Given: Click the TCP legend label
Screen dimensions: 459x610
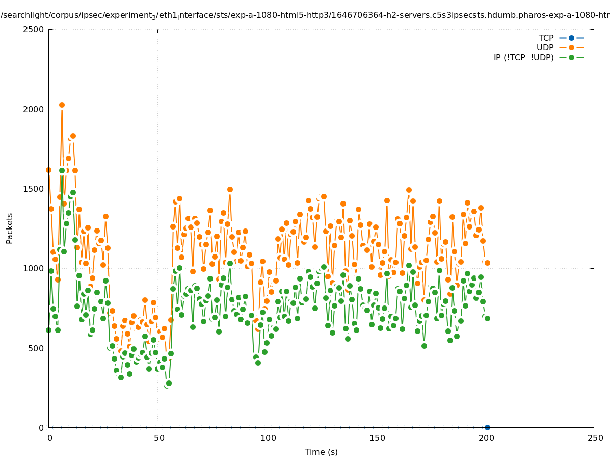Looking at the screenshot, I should coord(546,38).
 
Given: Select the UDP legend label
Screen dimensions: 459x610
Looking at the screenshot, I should coord(545,47).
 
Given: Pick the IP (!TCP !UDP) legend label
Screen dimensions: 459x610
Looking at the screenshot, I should coord(523,57).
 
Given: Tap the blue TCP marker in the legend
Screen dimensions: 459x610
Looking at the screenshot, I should coord(571,38).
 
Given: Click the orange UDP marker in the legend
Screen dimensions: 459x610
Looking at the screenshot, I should coord(571,47).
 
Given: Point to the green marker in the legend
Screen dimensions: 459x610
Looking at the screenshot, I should coord(571,57).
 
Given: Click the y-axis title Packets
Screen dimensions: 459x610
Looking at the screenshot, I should coord(10,228).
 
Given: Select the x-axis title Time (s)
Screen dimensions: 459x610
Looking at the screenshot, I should coord(321,452).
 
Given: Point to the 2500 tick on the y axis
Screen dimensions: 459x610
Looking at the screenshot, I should coord(34,29).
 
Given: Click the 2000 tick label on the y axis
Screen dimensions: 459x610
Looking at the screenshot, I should coord(34,109).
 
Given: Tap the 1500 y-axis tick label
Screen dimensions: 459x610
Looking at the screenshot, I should coord(34,189).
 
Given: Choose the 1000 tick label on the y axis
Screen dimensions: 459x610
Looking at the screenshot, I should coord(34,268).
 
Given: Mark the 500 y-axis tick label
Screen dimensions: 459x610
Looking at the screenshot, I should coord(36,348).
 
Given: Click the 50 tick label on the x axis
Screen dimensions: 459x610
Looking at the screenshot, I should coord(159,438).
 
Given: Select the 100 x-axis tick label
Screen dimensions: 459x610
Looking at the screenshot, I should coord(268,438).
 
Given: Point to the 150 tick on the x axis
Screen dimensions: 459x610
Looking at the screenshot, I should coord(377,438).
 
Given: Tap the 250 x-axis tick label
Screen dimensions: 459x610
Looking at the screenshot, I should coord(595,438).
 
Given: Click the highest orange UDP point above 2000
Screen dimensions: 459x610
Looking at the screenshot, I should coord(62,105).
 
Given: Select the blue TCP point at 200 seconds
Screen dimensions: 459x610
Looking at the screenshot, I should coord(487,427).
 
